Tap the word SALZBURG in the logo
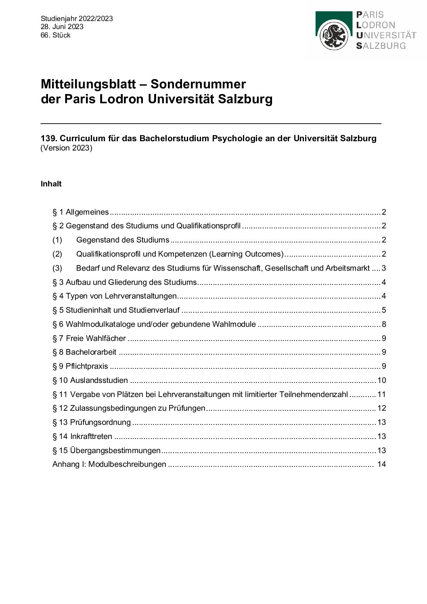(x=381, y=46)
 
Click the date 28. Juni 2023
(x=62, y=27)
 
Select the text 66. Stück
(x=55, y=35)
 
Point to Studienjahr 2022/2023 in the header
(x=77, y=19)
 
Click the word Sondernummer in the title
(x=198, y=84)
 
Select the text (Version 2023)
(x=66, y=148)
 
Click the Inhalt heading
(x=51, y=184)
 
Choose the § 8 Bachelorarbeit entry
(x=84, y=352)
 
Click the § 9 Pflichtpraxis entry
(x=80, y=366)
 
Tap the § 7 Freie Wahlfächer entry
(x=89, y=338)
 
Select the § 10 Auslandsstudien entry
(x=90, y=380)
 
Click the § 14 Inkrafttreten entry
(x=82, y=437)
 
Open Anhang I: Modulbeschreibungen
(x=109, y=464)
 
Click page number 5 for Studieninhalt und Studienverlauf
(x=384, y=310)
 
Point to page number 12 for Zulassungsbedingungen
(x=381, y=408)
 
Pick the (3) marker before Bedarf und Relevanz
(x=57, y=268)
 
